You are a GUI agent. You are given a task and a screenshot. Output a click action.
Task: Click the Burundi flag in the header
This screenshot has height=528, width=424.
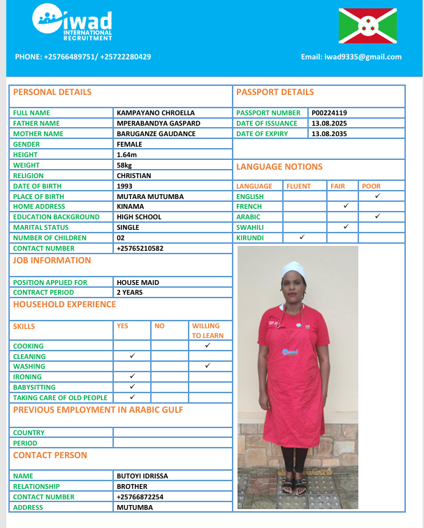point(367,26)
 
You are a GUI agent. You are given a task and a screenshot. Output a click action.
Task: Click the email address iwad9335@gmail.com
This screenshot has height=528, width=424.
point(351,57)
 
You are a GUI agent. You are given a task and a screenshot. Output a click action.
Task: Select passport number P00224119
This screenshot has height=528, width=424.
point(330,112)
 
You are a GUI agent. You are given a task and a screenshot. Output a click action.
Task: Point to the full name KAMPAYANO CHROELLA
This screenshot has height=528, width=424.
point(156,112)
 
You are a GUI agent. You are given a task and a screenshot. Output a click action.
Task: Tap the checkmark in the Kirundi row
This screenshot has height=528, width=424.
point(302,237)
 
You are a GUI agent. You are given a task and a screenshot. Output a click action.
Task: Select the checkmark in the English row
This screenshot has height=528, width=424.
point(377,196)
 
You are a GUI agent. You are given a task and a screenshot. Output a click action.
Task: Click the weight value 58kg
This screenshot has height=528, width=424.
point(126,165)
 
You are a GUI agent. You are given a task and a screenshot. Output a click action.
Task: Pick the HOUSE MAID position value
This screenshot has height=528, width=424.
point(138,282)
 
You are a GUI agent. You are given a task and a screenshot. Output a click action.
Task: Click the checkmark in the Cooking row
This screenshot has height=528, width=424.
point(207,345)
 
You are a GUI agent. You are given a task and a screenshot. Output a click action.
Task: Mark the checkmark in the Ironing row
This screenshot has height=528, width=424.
point(132,376)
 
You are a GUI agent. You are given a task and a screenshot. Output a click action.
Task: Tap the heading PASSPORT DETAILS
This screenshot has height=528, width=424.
point(275,92)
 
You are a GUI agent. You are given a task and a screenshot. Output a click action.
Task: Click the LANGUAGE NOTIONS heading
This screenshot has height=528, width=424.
point(279,167)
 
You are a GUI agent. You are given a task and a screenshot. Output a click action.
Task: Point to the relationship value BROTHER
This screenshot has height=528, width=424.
point(132,486)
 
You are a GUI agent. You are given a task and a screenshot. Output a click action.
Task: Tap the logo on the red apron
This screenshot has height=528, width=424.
point(290,352)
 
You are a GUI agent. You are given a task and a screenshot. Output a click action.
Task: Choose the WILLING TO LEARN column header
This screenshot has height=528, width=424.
point(207,330)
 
